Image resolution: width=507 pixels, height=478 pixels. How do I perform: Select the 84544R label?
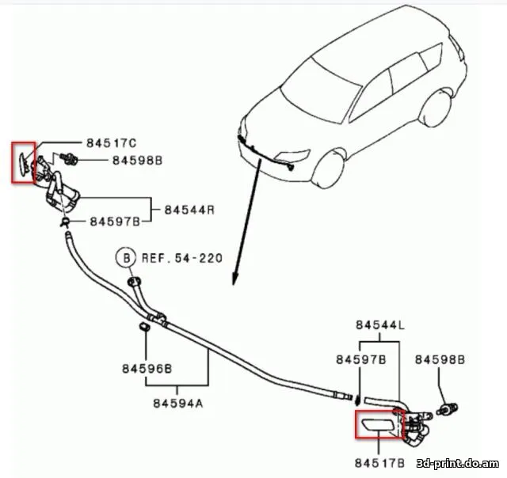[190, 210]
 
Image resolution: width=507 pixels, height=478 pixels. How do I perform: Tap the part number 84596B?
[147, 368]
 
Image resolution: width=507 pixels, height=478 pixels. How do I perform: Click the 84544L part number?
[380, 324]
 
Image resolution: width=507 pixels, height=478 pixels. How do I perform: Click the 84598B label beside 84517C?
[136, 160]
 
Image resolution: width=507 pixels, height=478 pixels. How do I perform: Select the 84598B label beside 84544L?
[440, 359]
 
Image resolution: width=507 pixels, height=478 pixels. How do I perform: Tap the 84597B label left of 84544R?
[114, 220]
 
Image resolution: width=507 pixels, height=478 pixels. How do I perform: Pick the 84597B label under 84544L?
[360, 359]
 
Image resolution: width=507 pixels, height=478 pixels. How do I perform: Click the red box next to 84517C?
[23, 162]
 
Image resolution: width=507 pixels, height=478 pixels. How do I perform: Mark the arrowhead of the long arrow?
[234, 280]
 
